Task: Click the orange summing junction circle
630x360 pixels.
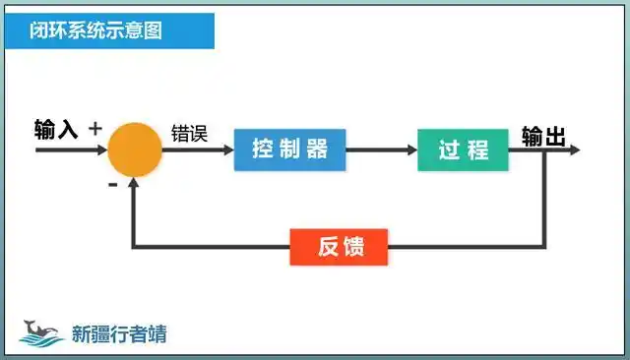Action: [134, 150]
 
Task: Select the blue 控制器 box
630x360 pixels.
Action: [289, 150]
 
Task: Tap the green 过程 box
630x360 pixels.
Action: [465, 150]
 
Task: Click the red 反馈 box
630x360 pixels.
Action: [340, 247]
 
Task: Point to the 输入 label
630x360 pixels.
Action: [56, 130]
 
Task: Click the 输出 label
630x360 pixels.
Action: [543, 136]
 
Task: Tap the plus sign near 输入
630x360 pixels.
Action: [95, 128]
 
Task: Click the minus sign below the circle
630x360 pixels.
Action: [112, 184]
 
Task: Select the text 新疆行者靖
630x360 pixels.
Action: [119, 333]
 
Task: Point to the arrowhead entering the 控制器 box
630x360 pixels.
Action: [227, 150]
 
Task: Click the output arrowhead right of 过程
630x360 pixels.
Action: [575, 150]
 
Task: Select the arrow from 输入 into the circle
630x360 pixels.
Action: [69, 150]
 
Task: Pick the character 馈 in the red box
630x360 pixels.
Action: [353, 247]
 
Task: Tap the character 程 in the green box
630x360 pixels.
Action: [478, 150]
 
